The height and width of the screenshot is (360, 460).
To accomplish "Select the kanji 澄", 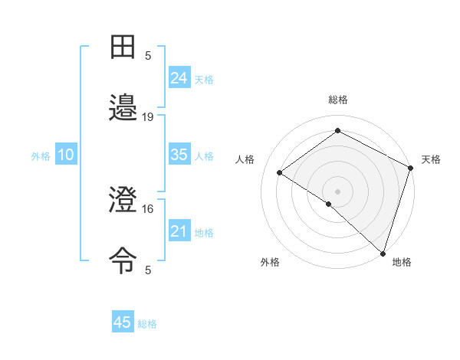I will click(x=123, y=200).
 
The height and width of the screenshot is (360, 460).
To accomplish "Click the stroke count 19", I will click(x=148, y=116).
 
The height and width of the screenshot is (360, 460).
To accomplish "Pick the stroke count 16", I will click(x=148, y=208).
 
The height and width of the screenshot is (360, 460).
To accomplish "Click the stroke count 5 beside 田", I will click(x=148, y=55).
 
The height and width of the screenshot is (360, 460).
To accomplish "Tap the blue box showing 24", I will click(x=179, y=78).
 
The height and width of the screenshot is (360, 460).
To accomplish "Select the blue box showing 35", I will click(x=179, y=155).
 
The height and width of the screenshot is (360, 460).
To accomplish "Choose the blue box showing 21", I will click(x=179, y=231).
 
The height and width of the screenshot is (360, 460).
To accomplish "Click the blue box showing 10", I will click(x=65, y=155).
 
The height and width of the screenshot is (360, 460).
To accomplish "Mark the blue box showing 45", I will click(x=123, y=322).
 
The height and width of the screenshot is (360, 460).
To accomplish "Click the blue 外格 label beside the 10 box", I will click(x=41, y=156).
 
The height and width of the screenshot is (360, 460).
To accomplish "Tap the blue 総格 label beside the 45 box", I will click(x=147, y=324).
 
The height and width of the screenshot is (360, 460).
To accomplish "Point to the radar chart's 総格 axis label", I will click(x=338, y=100).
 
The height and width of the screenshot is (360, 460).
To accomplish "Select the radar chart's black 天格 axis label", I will click(x=431, y=159).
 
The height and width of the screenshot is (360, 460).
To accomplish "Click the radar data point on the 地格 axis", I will click(x=383, y=253).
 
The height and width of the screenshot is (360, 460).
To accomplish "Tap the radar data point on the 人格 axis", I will click(x=280, y=172).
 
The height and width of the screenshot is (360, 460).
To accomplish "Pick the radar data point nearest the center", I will click(x=328, y=204).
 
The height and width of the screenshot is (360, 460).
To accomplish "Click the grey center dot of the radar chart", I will click(x=338, y=190).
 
